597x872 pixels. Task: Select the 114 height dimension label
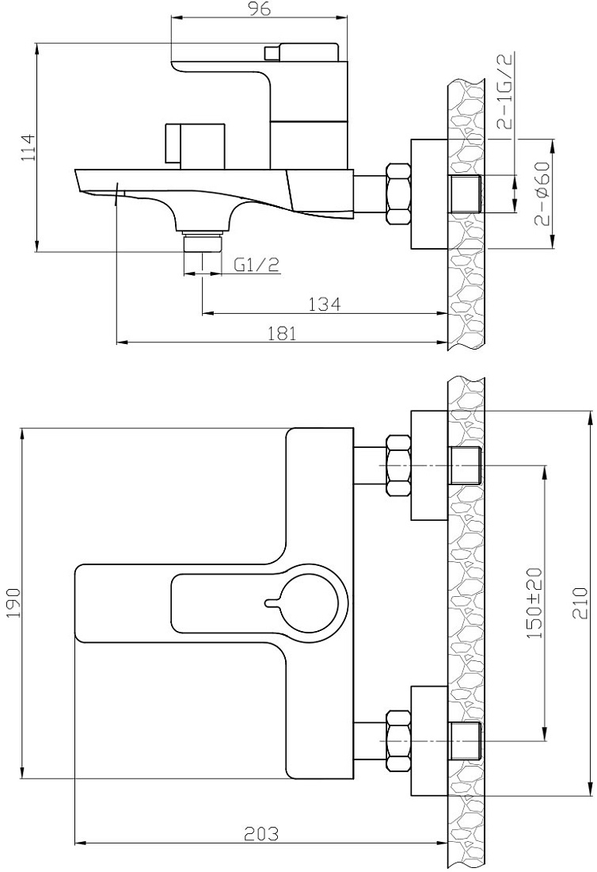tap(28, 147)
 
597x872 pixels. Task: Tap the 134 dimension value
tap(325, 304)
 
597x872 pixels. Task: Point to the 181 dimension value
tap(282, 333)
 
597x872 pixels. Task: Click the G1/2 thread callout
tap(256, 265)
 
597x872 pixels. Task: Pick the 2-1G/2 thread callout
tap(507, 90)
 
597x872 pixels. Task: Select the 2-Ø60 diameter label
tap(542, 193)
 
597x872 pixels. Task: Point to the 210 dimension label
tap(580, 603)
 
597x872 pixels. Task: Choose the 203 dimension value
tap(261, 849)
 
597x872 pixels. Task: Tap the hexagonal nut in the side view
tap(397, 193)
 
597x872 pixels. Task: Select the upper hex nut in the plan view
tap(397, 465)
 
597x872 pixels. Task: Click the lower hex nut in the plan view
tap(397, 740)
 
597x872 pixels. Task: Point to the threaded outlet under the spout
tap(202, 243)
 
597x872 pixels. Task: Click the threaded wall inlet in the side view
tap(466, 193)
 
